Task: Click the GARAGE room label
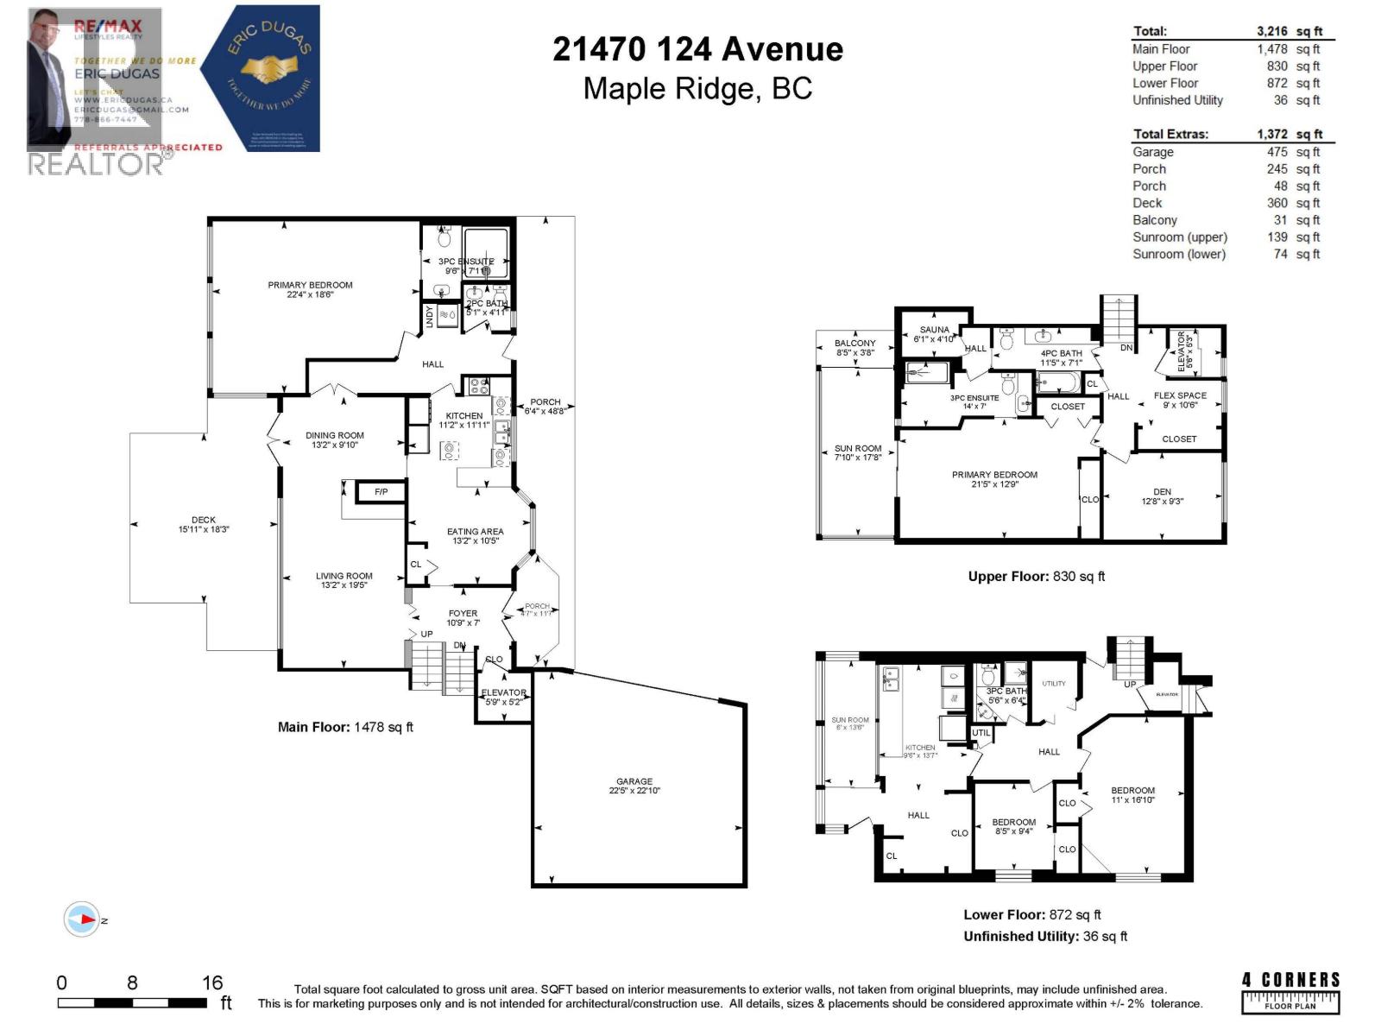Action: click(634, 781)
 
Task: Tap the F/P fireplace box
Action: click(381, 492)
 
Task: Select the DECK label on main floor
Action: click(204, 520)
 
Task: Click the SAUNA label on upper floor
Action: click(934, 330)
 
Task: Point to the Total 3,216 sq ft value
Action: click(1289, 31)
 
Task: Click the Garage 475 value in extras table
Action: click(1277, 152)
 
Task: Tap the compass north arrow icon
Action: click(83, 919)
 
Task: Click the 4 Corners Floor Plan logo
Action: click(1290, 991)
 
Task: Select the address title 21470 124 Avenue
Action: click(697, 49)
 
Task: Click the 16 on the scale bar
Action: click(212, 982)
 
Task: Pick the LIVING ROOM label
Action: click(344, 576)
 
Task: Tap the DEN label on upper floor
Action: click(1162, 492)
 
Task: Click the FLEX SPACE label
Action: click(1180, 395)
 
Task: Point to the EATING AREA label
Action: click(475, 532)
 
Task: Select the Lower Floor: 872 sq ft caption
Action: click(1031, 914)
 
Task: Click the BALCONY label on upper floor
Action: click(854, 343)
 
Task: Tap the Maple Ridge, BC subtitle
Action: click(697, 89)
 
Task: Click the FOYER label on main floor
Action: click(463, 613)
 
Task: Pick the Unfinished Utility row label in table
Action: click(1177, 100)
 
